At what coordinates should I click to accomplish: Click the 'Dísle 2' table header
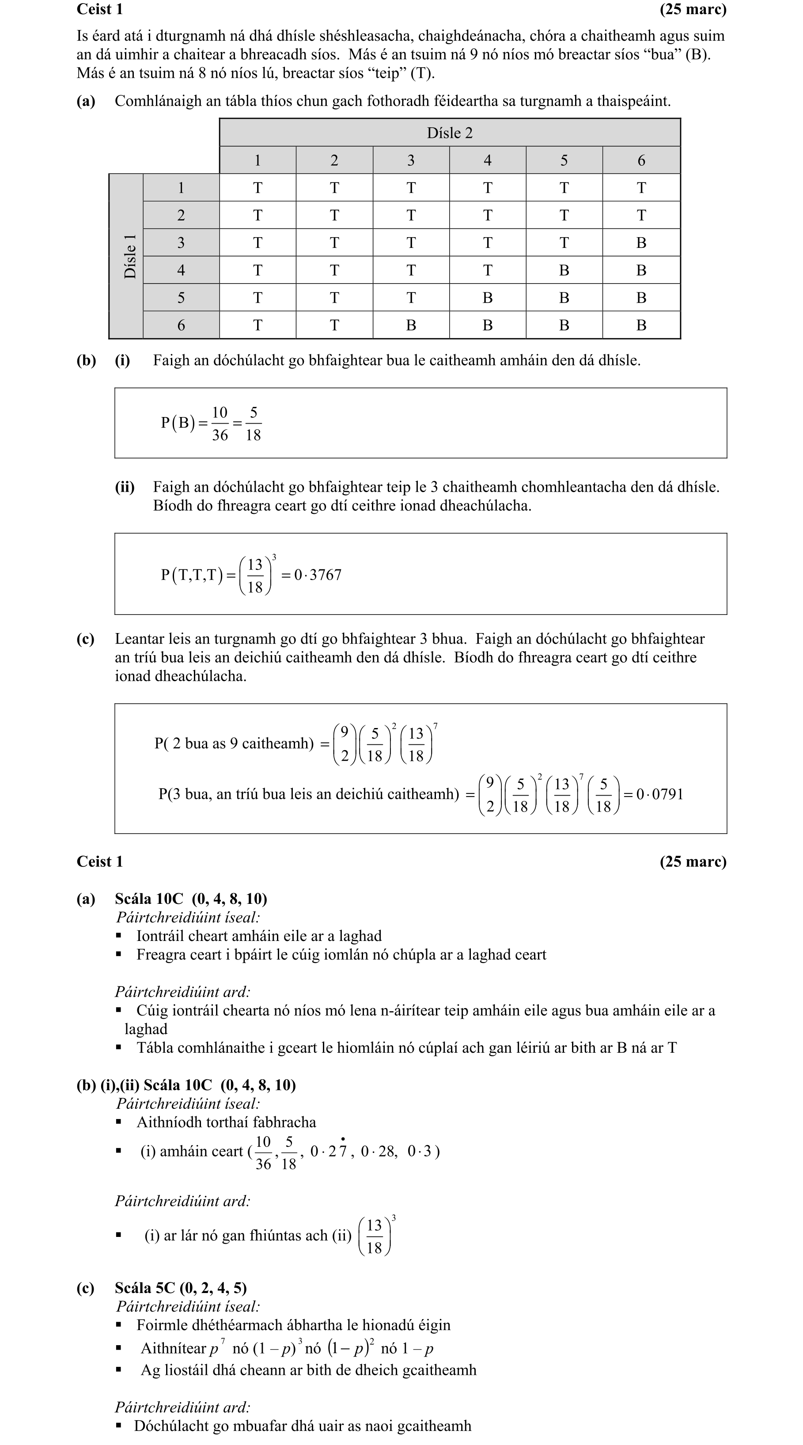449,133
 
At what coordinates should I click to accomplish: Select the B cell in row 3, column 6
641,243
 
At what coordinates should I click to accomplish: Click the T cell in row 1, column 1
258,188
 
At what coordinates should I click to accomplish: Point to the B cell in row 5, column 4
487,298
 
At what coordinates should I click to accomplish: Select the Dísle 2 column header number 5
564,160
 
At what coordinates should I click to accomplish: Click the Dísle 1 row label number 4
181,270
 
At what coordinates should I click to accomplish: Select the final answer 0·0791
659,794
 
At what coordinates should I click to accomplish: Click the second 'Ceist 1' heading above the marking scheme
100,861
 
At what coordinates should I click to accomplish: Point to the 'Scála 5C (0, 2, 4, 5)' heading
181,1288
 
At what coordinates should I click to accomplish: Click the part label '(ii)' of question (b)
125,487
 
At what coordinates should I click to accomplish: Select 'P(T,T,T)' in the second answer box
191,575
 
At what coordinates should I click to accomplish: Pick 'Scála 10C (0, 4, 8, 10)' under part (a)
191,899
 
